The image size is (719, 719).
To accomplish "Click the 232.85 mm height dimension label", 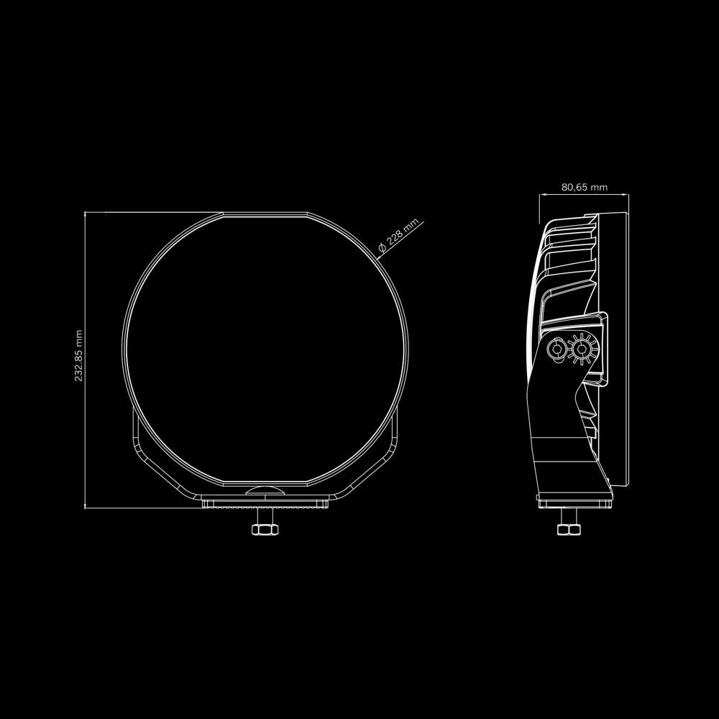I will pos(79,356).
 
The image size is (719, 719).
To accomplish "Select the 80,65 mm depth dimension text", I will pos(584,187).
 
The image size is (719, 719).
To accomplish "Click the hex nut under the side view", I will pos(569,530).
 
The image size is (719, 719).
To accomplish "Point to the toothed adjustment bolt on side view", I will pos(580,350).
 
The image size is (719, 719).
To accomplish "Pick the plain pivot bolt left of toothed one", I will pos(556,350).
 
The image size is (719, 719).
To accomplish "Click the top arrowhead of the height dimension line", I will pos(85,214).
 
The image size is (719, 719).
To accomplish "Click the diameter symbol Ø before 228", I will pos(382,249).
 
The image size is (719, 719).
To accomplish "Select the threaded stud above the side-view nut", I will pos(569,516).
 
